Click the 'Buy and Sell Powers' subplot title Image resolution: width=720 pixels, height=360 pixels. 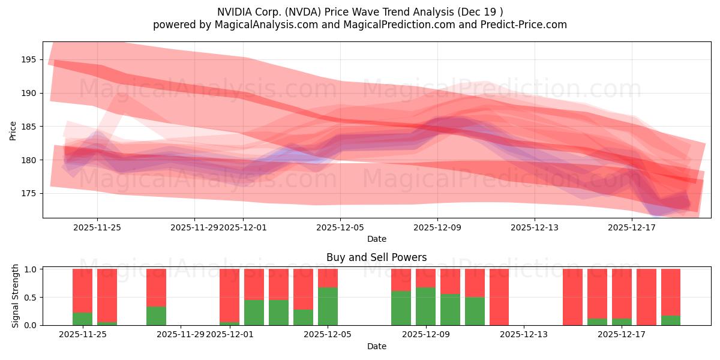(376, 257)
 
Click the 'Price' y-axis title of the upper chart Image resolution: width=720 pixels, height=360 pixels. (13, 130)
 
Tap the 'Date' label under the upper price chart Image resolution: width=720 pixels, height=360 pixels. (376, 239)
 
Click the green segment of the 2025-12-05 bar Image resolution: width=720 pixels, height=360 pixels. (328, 306)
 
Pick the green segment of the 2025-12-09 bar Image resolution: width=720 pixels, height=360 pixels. (425, 306)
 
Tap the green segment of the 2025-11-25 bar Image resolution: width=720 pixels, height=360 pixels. (83, 319)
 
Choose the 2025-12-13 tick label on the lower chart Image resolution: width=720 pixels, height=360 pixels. (523, 335)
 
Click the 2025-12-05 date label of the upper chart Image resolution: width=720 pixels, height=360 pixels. (340, 227)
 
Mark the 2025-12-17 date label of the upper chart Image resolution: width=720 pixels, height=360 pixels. (632, 227)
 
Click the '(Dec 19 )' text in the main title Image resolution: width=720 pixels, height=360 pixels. (482, 11)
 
